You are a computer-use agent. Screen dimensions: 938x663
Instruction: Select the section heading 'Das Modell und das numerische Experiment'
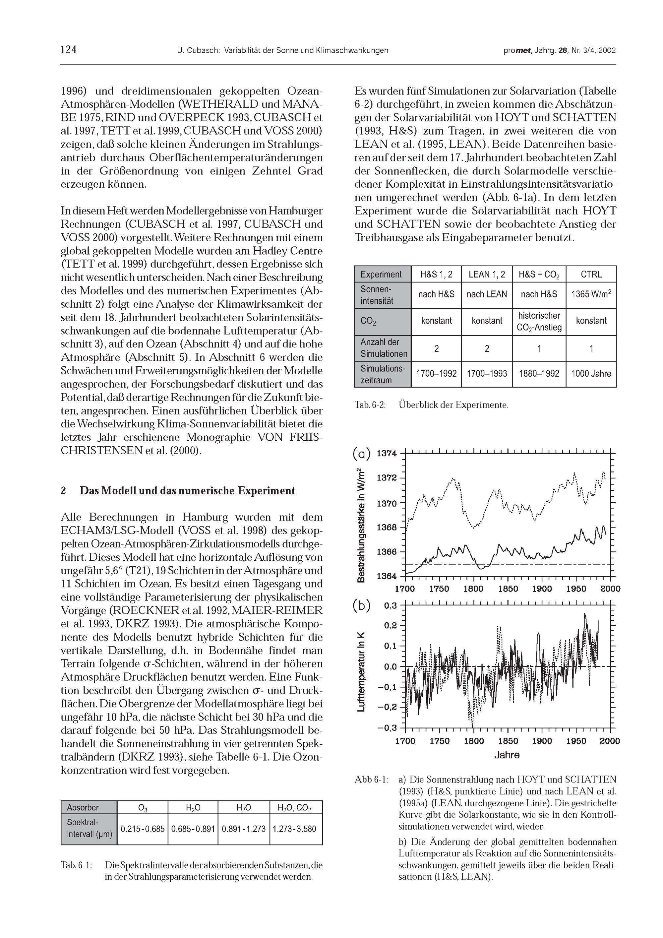187,490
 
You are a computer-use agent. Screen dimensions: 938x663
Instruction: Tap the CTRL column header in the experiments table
591,274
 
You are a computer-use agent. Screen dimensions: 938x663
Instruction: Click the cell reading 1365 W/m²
591,294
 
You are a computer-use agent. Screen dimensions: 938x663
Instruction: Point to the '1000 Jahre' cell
591,373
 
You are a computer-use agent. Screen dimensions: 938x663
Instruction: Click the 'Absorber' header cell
83,807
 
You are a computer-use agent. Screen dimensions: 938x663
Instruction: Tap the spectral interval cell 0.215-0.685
143,829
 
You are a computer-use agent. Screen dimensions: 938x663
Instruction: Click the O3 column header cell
143,808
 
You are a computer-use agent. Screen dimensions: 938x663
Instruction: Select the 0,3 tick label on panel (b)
391,605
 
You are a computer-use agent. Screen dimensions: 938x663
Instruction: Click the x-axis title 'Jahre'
507,755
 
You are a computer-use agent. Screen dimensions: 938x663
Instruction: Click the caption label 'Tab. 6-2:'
370,405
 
